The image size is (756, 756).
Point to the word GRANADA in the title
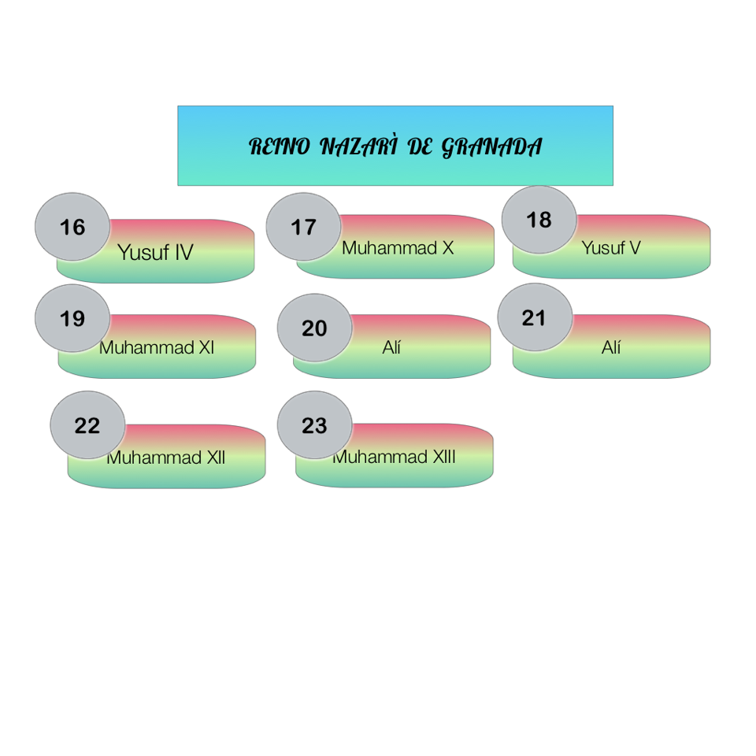(491, 146)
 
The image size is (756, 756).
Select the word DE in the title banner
(421, 146)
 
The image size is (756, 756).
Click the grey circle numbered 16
(72, 228)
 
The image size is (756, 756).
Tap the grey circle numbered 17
(303, 228)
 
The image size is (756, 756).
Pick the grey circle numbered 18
(539, 220)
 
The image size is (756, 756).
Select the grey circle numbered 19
(72, 319)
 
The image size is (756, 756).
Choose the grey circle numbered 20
(314, 328)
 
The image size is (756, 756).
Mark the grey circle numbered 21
(534, 318)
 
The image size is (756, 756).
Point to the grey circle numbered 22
(87, 426)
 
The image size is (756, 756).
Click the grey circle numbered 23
(314, 425)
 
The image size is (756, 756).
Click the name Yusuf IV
(155, 253)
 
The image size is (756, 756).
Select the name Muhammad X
(398, 248)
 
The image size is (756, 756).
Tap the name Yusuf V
(611, 248)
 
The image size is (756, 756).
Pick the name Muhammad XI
(157, 347)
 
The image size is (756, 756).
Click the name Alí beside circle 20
(391, 347)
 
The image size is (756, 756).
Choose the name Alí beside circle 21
(611, 347)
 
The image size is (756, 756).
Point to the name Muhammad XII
(166, 458)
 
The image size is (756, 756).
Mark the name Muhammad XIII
(394, 457)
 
